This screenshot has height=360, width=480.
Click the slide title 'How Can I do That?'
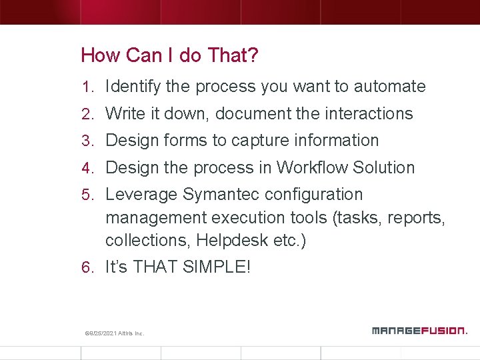pos(169,55)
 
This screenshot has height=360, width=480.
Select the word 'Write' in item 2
pos(124,114)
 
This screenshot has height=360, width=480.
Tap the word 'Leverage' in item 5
pos(141,195)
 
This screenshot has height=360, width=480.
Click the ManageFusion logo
pos(419,330)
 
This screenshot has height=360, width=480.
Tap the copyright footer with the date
pos(115,333)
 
